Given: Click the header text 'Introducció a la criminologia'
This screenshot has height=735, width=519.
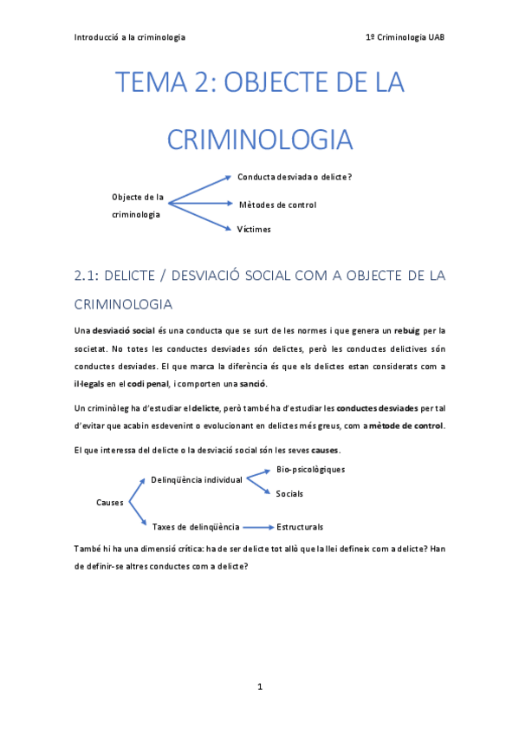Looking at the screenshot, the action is (130, 37).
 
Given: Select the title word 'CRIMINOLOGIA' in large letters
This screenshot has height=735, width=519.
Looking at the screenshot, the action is (259, 140).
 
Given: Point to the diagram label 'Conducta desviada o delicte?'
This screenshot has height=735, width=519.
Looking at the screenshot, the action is (295, 178).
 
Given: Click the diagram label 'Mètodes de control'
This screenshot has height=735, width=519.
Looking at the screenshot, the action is (277, 205).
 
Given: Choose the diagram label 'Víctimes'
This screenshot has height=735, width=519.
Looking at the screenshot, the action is (254, 230).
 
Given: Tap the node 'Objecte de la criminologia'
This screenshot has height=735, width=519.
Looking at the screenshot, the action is (137, 205).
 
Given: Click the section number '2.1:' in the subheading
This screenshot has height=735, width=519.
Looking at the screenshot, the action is (89, 276).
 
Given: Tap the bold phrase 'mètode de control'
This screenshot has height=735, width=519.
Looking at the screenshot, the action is (406, 426).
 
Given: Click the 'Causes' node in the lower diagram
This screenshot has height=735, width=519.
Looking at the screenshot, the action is (109, 502).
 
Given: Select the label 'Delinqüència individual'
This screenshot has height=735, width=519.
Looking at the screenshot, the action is (196, 479).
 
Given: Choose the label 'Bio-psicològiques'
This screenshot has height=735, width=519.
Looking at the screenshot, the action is (310, 470).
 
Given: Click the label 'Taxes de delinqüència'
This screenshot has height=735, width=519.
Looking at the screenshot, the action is (196, 526).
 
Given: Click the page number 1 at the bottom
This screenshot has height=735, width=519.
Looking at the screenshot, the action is (260, 686).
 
